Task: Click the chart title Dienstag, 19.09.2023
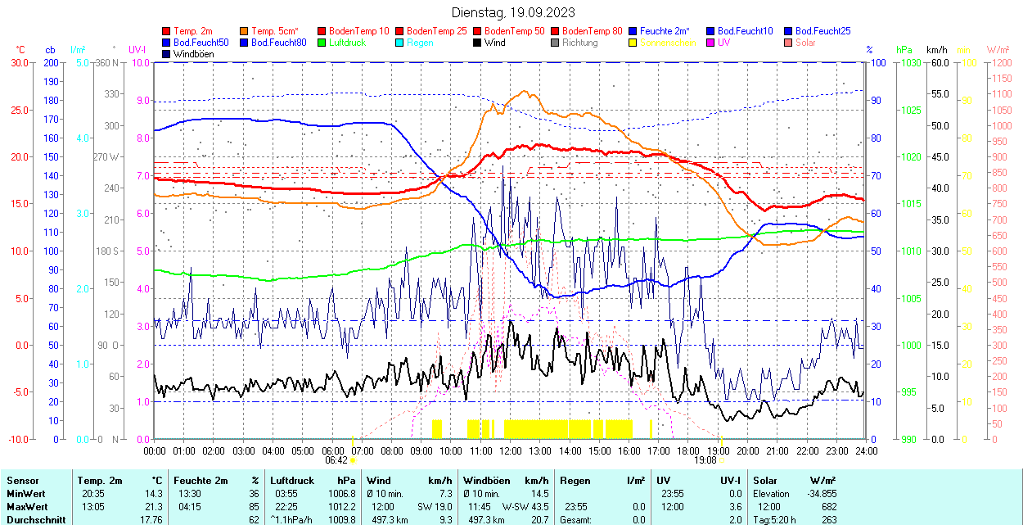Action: pos(513,12)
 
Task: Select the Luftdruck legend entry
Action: pos(347,43)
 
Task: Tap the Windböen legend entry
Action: pos(193,54)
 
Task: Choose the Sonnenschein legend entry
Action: pos(668,43)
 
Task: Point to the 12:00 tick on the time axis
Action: pos(511,450)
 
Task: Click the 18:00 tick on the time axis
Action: pos(688,450)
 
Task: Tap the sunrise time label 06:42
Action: pos(335,460)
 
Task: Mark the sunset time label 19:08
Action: pos(705,460)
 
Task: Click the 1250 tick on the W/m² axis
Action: pos(1001,62)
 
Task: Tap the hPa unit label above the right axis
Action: pos(904,50)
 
